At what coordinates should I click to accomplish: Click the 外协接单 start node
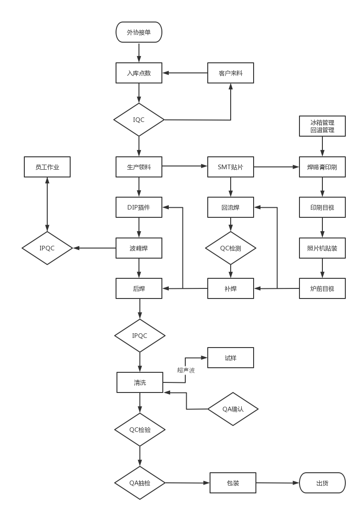coord(139,32)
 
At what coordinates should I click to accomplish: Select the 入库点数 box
coord(139,73)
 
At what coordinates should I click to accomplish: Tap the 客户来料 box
coord(231,73)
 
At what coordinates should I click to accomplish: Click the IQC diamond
coord(139,120)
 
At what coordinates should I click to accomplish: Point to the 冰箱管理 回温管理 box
coord(322,126)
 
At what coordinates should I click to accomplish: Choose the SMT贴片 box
coord(231,167)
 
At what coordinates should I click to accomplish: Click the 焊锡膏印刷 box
coord(322,167)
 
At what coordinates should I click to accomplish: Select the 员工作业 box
coord(47,167)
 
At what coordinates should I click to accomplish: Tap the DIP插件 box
coord(139,207)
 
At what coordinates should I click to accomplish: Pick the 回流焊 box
coord(231,207)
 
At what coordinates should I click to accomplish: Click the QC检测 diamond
coord(231,248)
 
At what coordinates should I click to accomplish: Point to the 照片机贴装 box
coord(322,248)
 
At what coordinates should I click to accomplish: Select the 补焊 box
coord(231,288)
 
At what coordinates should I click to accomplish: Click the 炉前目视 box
coord(322,288)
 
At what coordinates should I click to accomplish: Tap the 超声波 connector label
coord(186,370)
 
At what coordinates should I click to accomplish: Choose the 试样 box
coord(231,358)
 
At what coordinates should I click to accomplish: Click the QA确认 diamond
coord(233,409)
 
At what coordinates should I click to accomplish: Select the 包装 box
coord(233,483)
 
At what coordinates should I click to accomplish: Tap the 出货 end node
coord(322,483)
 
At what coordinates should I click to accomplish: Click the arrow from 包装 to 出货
coord(277,483)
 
